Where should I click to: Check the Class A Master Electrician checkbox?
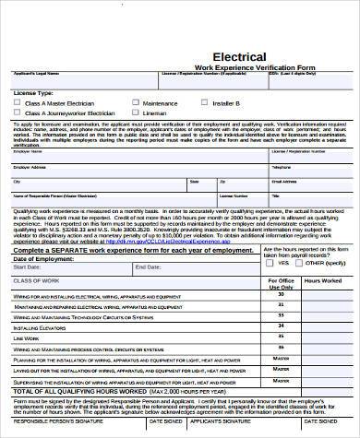[x=18, y=102]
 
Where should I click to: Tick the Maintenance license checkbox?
[x=136, y=102]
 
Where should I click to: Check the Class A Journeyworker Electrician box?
[x=18, y=112]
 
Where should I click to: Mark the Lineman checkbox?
[x=136, y=112]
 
